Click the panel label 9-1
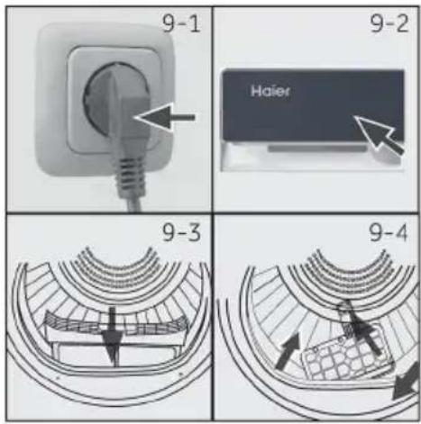(x=181, y=23)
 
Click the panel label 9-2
(x=389, y=23)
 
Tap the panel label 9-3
(x=181, y=232)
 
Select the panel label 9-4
(x=389, y=232)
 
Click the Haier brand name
(x=270, y=91)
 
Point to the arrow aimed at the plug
(x=165, y=117)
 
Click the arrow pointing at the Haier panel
(x=380, y=136)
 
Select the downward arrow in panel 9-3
(x=112, y=334)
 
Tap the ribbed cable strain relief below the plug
(x=129, y=175)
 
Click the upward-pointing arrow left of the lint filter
(x=288, y=350)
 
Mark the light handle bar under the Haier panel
(x=317, y=149)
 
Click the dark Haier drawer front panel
(x=313, y=105)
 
